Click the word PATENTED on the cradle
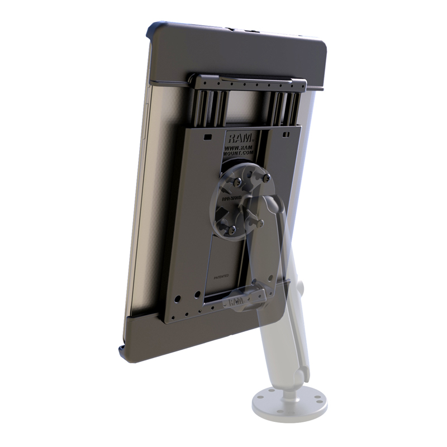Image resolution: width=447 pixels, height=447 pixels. click(x=222, y=275)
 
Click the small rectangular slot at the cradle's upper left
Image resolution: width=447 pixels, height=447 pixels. click(x=207, y=136)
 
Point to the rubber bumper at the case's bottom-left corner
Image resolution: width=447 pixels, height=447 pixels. click(x=121, y=350)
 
